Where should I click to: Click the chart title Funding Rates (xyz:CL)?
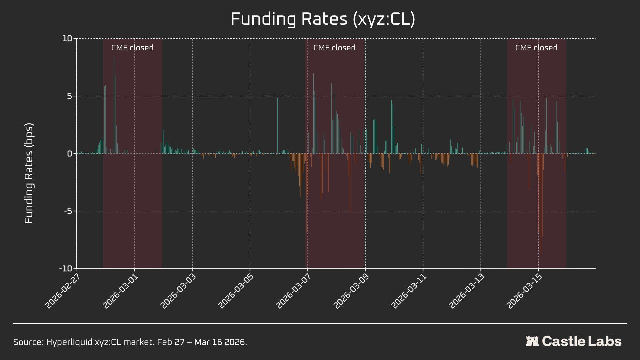(x=323, y=19)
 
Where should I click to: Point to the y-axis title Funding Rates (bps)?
(x=29, y=173)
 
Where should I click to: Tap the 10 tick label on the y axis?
(x=67, y=39)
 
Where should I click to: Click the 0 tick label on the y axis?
(x=69, y=154)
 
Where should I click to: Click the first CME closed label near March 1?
(x=132, y=48)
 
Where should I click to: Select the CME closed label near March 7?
(x=334, y=48)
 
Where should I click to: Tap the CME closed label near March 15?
(x=536, y=48)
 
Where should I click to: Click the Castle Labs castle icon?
(x=532, y=341)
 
